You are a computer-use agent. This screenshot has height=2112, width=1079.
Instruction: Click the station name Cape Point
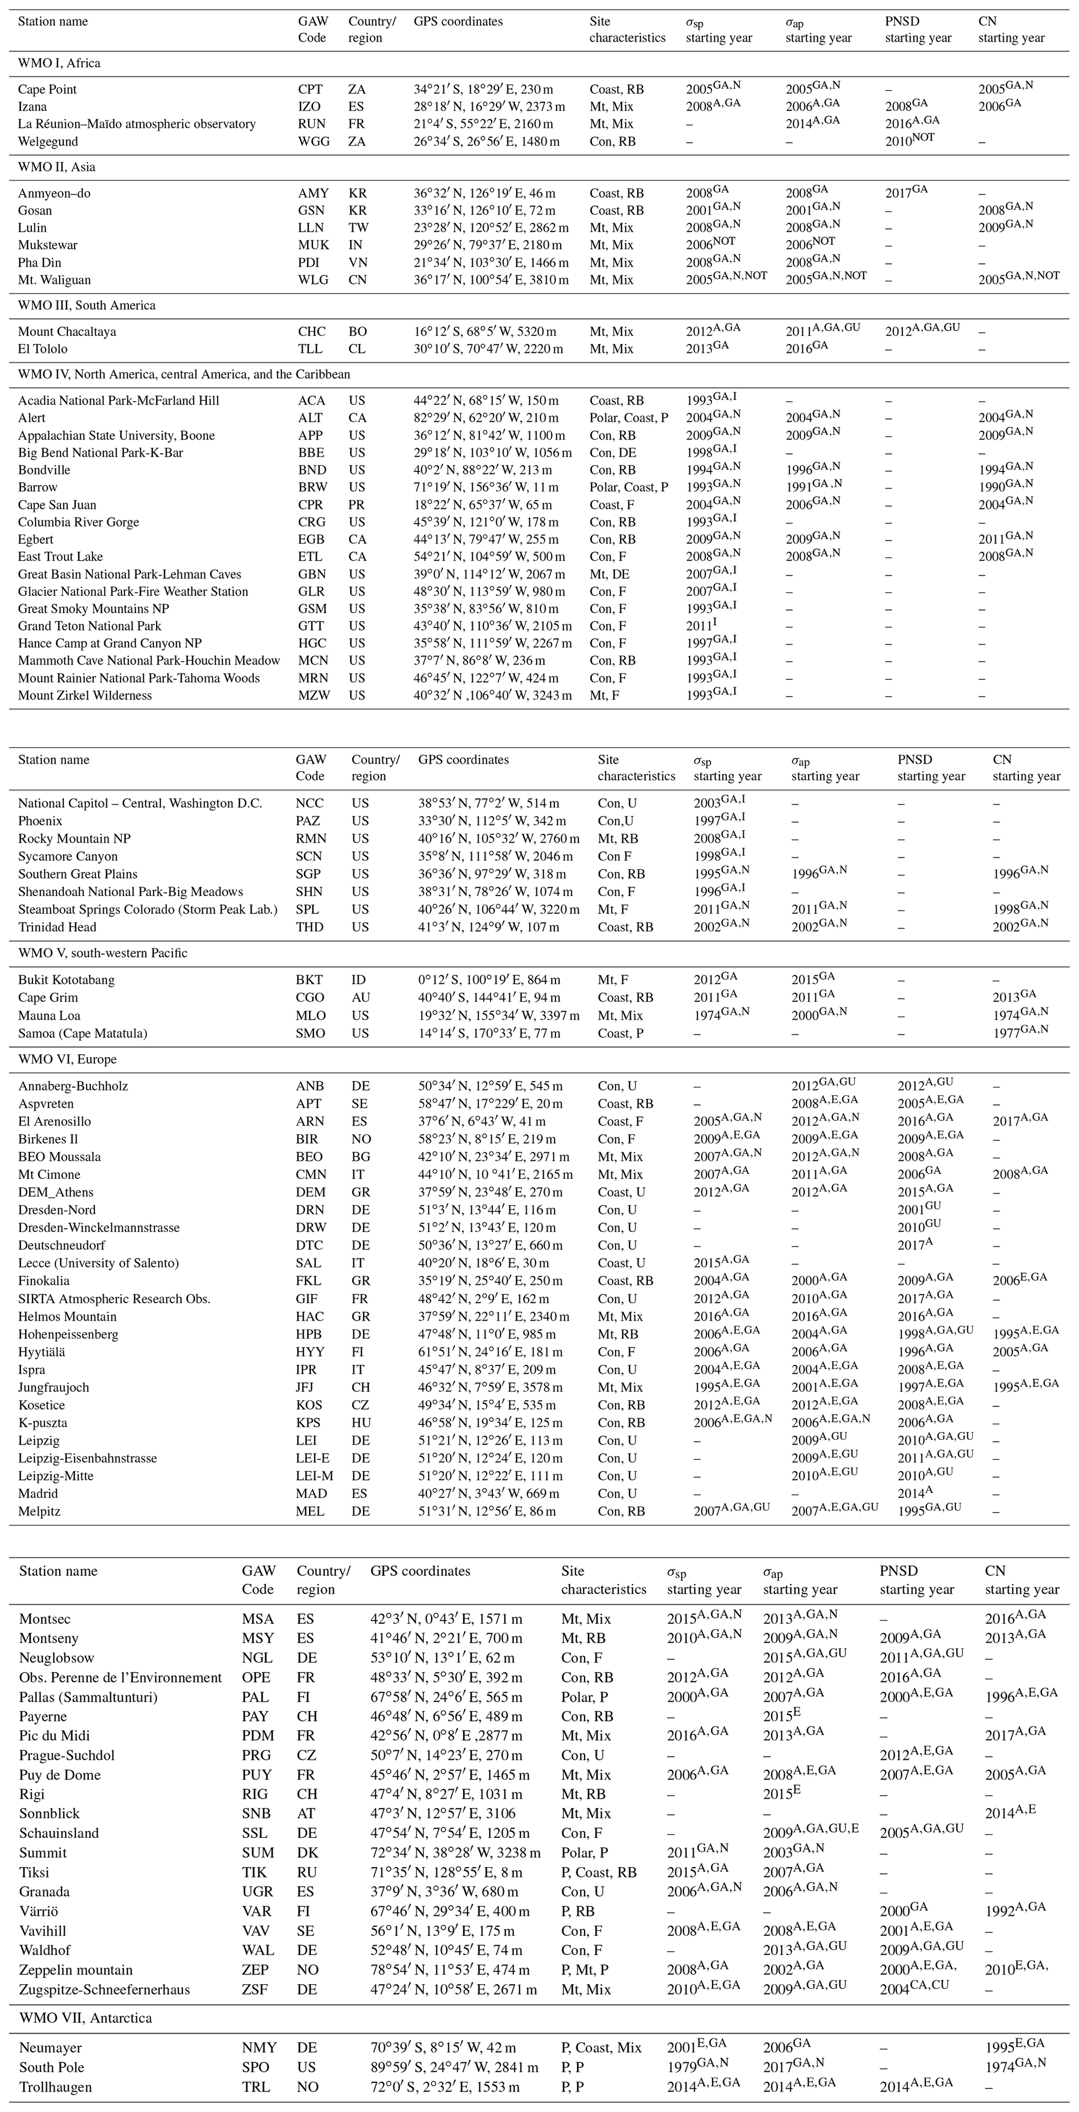[48, 89]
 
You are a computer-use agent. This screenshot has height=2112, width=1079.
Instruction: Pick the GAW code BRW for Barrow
[312, 487]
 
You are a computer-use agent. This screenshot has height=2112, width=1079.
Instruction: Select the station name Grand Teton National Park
[90, 626]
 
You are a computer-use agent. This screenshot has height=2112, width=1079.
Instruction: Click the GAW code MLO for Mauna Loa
[310, 1015]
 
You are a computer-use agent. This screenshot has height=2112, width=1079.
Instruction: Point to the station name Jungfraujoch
[54, 1387]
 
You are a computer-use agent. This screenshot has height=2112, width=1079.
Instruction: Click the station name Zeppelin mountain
[76, 1969]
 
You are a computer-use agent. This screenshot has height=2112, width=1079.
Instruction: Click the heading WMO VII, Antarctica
[85, 2011]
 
